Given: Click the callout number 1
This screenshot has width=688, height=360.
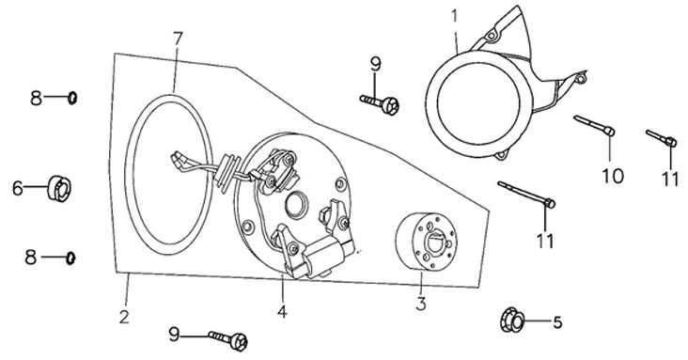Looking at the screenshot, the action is tap(455, 16).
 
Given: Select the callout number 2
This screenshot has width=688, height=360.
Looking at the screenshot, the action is tap(124, 317).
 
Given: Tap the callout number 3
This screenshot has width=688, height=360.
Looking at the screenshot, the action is tap(421, 304).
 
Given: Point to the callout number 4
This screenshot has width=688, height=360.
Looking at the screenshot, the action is tap(282, 311).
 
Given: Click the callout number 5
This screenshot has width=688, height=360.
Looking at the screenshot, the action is tap(557, 322).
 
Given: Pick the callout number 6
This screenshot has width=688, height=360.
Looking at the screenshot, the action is tap(18, 188).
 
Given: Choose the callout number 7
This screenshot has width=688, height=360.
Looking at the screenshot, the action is tap(177, 39).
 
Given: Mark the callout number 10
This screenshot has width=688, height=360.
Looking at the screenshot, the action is tap(613, 176).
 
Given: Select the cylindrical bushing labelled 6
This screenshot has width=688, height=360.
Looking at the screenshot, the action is tap(59, 188).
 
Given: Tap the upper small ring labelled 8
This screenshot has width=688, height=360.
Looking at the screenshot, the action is tap(72, 98).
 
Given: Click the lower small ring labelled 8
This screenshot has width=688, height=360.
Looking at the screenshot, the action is tap(70, 258).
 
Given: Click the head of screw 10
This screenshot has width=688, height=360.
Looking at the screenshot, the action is tap(609, 131).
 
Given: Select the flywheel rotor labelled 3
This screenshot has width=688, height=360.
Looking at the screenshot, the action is tap(426, 241).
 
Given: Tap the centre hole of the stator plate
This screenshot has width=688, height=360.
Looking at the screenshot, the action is tap(296, 205).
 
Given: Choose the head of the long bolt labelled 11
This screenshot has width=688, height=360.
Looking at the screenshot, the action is tap(550, 203).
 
